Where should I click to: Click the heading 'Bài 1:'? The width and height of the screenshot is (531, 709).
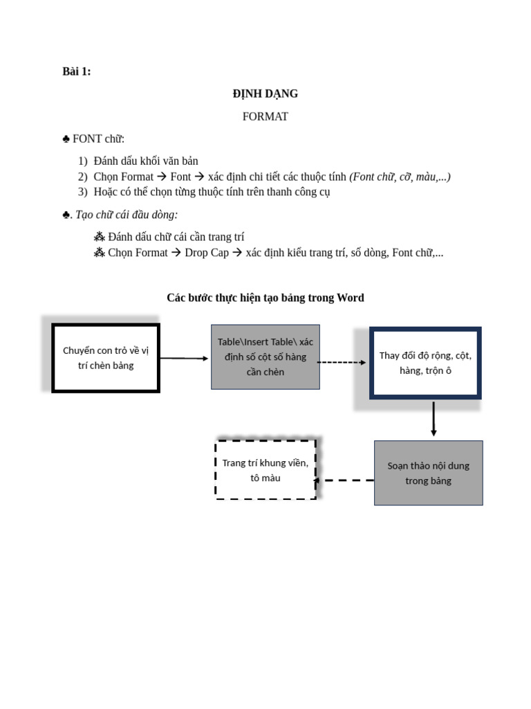(x=76, y=71)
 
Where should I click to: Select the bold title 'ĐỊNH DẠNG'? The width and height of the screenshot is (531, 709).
(x=265, y=93)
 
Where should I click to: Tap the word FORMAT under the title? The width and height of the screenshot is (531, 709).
(x=265, y=116)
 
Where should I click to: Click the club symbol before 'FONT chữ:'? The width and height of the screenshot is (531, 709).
(x=66, y=139)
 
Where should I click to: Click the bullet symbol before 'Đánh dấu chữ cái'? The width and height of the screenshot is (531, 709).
(x=99, y=237)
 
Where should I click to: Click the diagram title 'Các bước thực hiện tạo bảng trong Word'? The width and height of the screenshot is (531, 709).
(x=265, y=298)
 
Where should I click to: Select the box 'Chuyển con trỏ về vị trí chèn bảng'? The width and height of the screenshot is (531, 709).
(x=106, y=357)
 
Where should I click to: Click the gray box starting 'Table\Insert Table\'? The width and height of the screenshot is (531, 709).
(x=265, y=357)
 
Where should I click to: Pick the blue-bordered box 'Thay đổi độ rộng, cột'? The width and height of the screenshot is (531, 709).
(x=425, y=363)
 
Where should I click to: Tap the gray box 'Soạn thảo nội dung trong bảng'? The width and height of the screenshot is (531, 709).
(x=428, y=473)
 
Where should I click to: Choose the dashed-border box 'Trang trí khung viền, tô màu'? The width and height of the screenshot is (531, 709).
(x=265, y=469)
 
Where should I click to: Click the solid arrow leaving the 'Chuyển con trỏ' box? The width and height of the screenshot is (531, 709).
(x=184, y=358)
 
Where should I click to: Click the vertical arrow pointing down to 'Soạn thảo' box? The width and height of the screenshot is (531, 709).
(x=434, y=419)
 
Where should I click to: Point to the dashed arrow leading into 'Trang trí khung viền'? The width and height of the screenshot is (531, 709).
(x=345, y=480)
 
